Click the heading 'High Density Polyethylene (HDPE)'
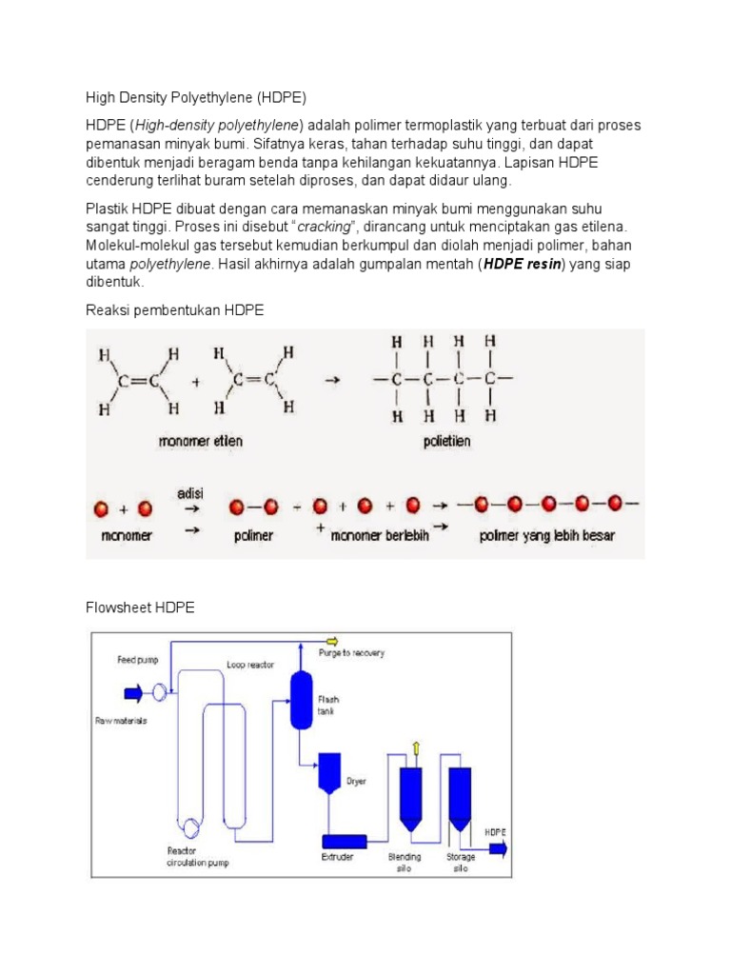[x=197, y=97]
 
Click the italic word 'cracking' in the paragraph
[x=327, y=226]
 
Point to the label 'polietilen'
[x=447, y=442]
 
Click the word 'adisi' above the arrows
[x=189, y=493]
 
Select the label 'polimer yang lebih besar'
[x=545, y=536]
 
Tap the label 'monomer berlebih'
[x=380, y=536]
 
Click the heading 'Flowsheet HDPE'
[x=140, y=607]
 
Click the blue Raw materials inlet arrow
[x=130, y=691]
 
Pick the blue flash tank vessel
[x=302, y=700]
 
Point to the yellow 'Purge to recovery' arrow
[x=331, y=641]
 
